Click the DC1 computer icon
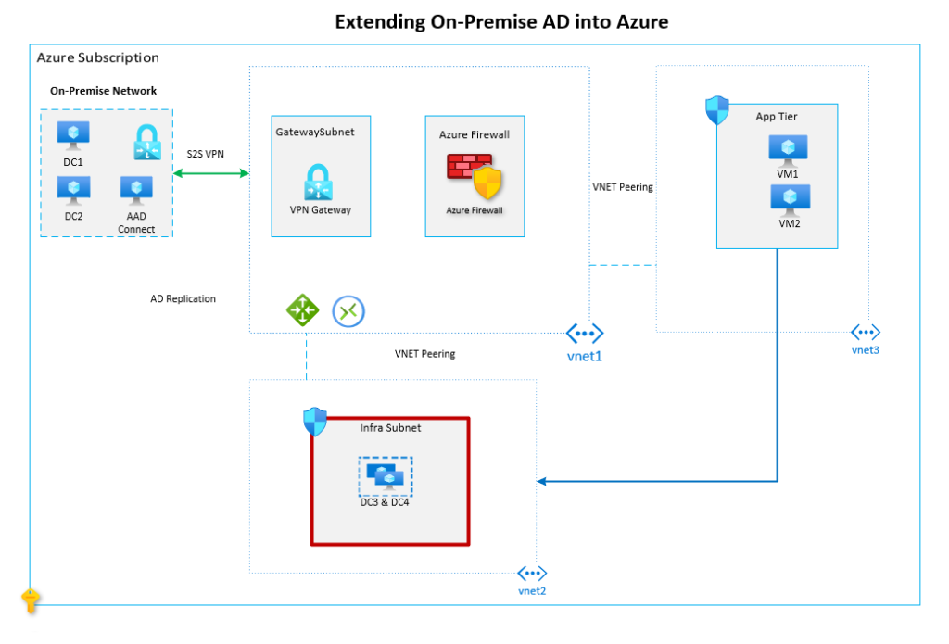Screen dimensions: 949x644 (73, 135)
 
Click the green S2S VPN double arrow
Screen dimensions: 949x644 (210, 173)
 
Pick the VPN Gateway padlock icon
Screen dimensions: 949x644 (318, 182)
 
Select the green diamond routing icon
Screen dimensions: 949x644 (303, 310)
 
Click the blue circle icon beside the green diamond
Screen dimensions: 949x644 (348, 311)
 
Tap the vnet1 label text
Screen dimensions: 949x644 (584, 357)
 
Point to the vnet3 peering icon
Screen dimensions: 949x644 (866, 332)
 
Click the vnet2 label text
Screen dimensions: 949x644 (532, 591)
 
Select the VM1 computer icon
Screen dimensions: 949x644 (788, 151)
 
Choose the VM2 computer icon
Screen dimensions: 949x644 (790, 200)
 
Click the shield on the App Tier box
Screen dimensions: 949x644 (717, 110)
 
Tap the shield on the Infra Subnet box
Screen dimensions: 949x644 (315, 422)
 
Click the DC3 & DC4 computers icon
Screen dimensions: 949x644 (386, 476)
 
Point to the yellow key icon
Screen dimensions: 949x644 (31, 601)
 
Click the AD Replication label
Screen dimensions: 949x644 (183, 299)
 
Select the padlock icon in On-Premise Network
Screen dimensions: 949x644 (147, 143)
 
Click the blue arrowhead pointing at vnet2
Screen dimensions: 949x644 (541, 481)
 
